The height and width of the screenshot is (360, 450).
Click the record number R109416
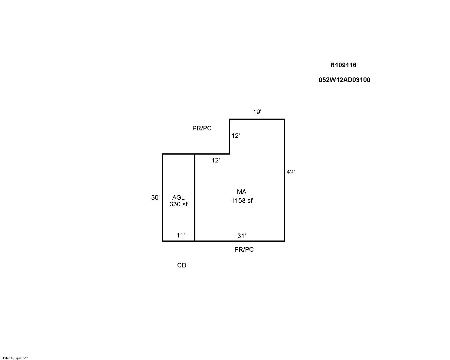pyautogui.click(x=343, y=65)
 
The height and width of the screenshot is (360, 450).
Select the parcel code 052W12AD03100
pyautogui.click(x=344, y=80)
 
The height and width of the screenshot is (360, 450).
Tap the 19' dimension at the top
pyautogui.click(x=257, y=112)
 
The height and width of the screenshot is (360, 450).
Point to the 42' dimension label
pyautogui.click(x=290, y=172)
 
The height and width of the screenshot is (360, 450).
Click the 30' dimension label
pyautogui.click(x=155, y=198)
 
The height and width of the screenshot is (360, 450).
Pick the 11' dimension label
pyautogui.click(x=181, y=235)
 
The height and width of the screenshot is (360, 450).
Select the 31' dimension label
pyautogui.click(x=242, y=236)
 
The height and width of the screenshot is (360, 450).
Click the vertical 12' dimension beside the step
pyautogui.click(x=236, y=136)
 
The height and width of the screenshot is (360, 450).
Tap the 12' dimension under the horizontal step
pyautogui.click(x=216, y=160)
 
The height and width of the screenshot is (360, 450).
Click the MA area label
pyautogui.click(x=242, y=191)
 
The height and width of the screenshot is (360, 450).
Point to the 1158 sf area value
pyautogui.click(x=242, y=201)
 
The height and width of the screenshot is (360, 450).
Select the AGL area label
pyautogui.click(x=178, y=198)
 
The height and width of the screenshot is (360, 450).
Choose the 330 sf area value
pyautogui.click(x=178, y=204)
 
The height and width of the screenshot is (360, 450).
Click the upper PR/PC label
pyautogui.click(x=202, y=128)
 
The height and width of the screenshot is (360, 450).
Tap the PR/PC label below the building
pyautogui.click(x=244, y=250)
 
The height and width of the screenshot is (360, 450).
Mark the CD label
pyautogui.click(x=181, y=265)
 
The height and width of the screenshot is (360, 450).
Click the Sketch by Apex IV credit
pyautogui.click(x=15, y=358)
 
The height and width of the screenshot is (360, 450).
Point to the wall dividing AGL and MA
pyautogui.click(x=195, y=198)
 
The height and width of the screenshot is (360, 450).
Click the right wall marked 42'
pyautogui.click(x=284, y=180)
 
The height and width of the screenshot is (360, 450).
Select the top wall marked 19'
pyautogui.click(x=257, y=119)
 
